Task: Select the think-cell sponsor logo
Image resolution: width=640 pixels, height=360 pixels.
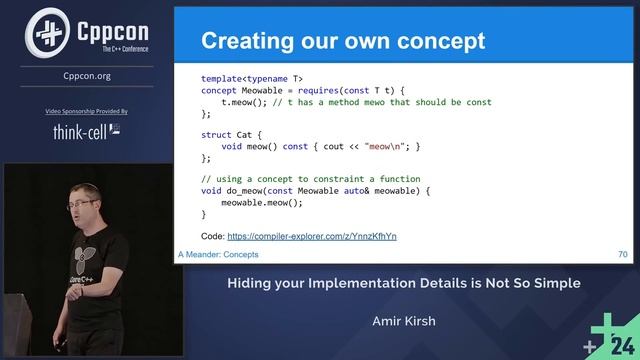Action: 86,130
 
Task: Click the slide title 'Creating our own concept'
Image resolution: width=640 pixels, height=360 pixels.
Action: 343,41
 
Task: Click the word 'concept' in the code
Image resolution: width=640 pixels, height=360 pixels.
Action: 220,90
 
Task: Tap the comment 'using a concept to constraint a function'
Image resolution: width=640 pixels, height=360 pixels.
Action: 305,178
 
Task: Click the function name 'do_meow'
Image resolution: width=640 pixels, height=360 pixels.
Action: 247,190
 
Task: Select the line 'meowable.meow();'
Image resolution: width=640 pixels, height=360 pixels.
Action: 261,202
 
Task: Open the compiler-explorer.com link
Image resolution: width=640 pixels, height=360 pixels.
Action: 312,236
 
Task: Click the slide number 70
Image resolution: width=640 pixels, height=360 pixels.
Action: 622,256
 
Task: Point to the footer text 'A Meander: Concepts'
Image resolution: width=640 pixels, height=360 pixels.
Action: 218,256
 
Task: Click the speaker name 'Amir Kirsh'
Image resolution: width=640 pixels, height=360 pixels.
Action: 404,322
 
